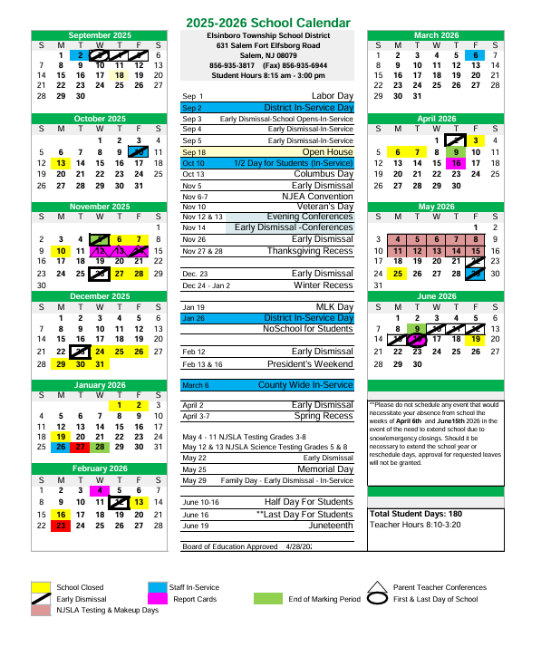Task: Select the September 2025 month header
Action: [x=99, y=35]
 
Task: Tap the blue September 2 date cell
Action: [x=80, y=55]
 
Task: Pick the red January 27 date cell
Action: [x=80, y=447]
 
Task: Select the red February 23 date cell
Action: [x=60, y=525]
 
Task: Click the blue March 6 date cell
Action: [x=476, y=55]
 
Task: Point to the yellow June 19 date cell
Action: [x=476, y=339]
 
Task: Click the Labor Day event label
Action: [x=332, y=95]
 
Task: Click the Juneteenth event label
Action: [x=330, y=526]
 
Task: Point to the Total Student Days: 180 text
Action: [x=416, y=514]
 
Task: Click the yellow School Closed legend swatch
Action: [x=41, y=587]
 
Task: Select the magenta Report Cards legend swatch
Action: [x=156, y=599]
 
